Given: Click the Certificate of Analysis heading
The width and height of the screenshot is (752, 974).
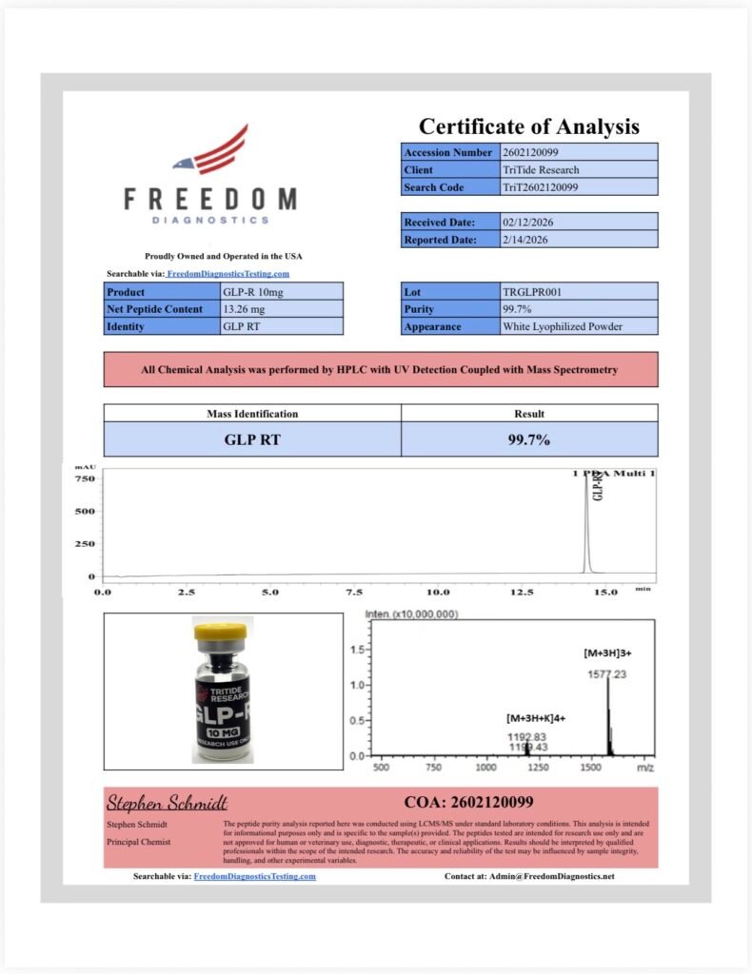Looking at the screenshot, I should (529, 127).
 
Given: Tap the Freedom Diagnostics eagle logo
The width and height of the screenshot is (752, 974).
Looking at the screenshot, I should (210, 152).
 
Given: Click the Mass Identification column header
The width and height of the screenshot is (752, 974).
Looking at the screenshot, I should (252, 414).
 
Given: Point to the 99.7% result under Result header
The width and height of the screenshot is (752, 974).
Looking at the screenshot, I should (529, 439).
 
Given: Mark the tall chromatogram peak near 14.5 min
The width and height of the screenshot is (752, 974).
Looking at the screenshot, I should (586, 523).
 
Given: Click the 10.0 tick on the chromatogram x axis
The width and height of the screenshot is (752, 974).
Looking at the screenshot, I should (438, 592).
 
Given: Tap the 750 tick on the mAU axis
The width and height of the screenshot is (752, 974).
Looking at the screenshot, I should (85, 478).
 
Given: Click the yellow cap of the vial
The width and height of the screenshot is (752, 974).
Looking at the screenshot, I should (222, 631).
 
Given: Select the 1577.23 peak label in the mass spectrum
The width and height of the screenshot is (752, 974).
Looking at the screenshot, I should (606, 674).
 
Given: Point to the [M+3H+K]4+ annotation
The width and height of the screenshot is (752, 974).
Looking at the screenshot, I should (535, 718).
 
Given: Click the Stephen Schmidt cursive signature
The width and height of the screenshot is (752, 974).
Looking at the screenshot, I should (167, 803).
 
